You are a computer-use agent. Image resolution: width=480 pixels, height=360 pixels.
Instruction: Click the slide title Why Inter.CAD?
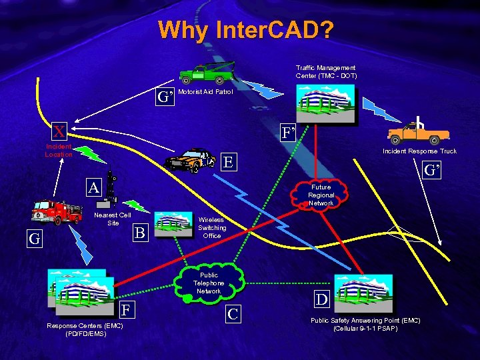click(x=247, y=30)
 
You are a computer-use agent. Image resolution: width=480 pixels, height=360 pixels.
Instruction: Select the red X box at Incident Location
click(x=59, y=131)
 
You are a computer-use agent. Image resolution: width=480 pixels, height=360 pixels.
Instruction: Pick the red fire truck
click(x=57, y=212)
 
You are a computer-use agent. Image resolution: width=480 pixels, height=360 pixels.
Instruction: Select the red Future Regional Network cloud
click(x=321, y=194)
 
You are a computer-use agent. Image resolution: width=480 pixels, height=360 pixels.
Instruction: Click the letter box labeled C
click(x=233, y=313)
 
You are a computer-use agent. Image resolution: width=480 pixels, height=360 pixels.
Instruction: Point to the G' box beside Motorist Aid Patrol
click(x=165, y=99)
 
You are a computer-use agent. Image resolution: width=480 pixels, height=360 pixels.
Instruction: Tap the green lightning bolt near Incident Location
click(x=91, y=153)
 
